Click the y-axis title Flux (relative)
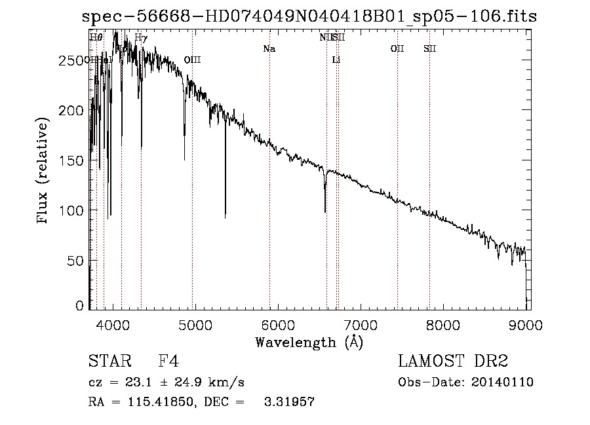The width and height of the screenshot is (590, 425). (x=43, y=172)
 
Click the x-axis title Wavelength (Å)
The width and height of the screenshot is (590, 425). (x=309, y=342)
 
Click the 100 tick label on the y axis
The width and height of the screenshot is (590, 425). (x=71, y=210)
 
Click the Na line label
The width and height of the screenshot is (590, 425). (x=269, y=48)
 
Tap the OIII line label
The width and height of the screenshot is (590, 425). (x=192, y=60)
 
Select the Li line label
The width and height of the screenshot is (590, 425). (x=336, y=60)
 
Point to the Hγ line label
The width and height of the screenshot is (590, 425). (x=141, y=37)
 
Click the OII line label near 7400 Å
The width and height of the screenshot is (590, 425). (x=397, y=48)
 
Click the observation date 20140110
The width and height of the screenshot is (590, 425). (x=502, y=382)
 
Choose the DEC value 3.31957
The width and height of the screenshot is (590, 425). (x=290, y=401)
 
